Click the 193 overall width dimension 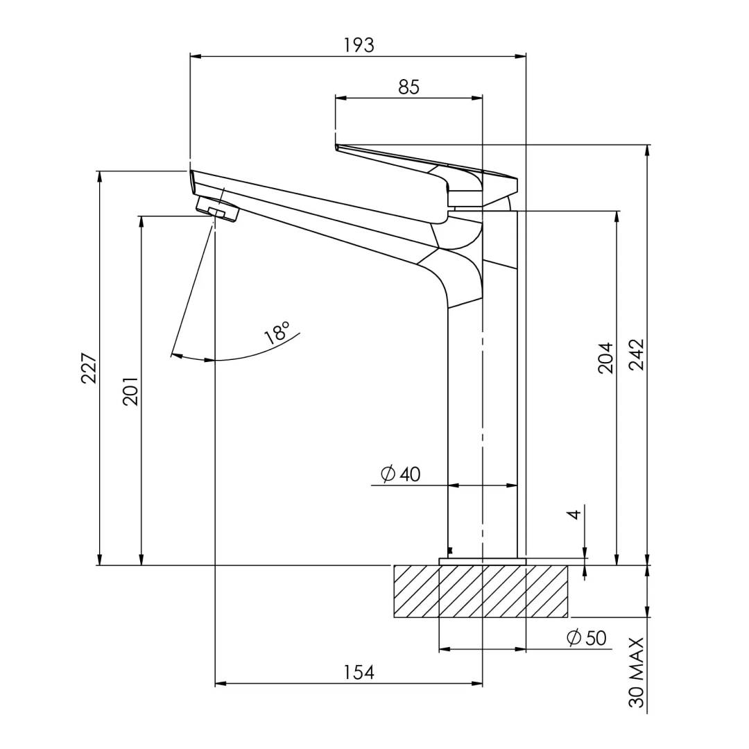[x=359, y=45]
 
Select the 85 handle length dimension [x=408, y=87]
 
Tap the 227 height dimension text [x=89, y=368]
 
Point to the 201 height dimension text [x=130, y=391]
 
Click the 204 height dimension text [x=605, y=358]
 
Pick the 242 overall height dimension [x=636, y=354]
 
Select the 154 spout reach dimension [x=359, y=672]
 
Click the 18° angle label [x=277, y=333]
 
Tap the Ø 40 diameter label [x=401, y=474]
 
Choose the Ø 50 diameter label [x=587, y=638]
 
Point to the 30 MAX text [x=637, y=673]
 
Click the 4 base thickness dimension [x=573, y=515]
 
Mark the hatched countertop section [x=481, y=592]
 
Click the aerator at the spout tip [x=217, y=209]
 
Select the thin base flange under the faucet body [x=483, y=561]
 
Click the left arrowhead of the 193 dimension [x=195, y=55]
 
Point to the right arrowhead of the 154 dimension [x=478, y=684]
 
